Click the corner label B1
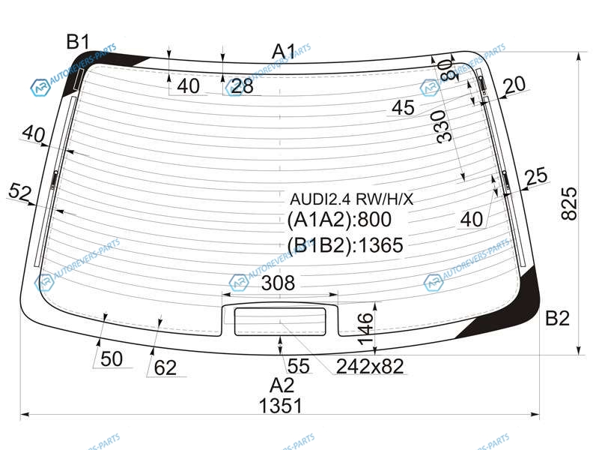(x=78, y=41)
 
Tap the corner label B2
(x=557, y=318)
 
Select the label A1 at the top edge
(x=284, y=51)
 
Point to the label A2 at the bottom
(x=282, y=385)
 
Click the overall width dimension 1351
(x=280, y=406)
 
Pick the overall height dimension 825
(x=569, y=203)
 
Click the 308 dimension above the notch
(x=278, y=283)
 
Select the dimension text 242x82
(x=370, y=366)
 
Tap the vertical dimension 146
(x=366, y=328)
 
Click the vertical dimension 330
(x=446, y=127)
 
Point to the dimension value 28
(x=242, y=86)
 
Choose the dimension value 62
(x=165, y=367)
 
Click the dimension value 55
(x=298, y=366)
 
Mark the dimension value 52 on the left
(x=19, y=192)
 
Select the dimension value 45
(x=403, y=107)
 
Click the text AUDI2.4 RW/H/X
(x=351, y=199)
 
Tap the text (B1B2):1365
(x=345, y=245)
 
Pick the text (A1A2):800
(x=339, y=219)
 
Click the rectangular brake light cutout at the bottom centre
(x=280, y=322)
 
